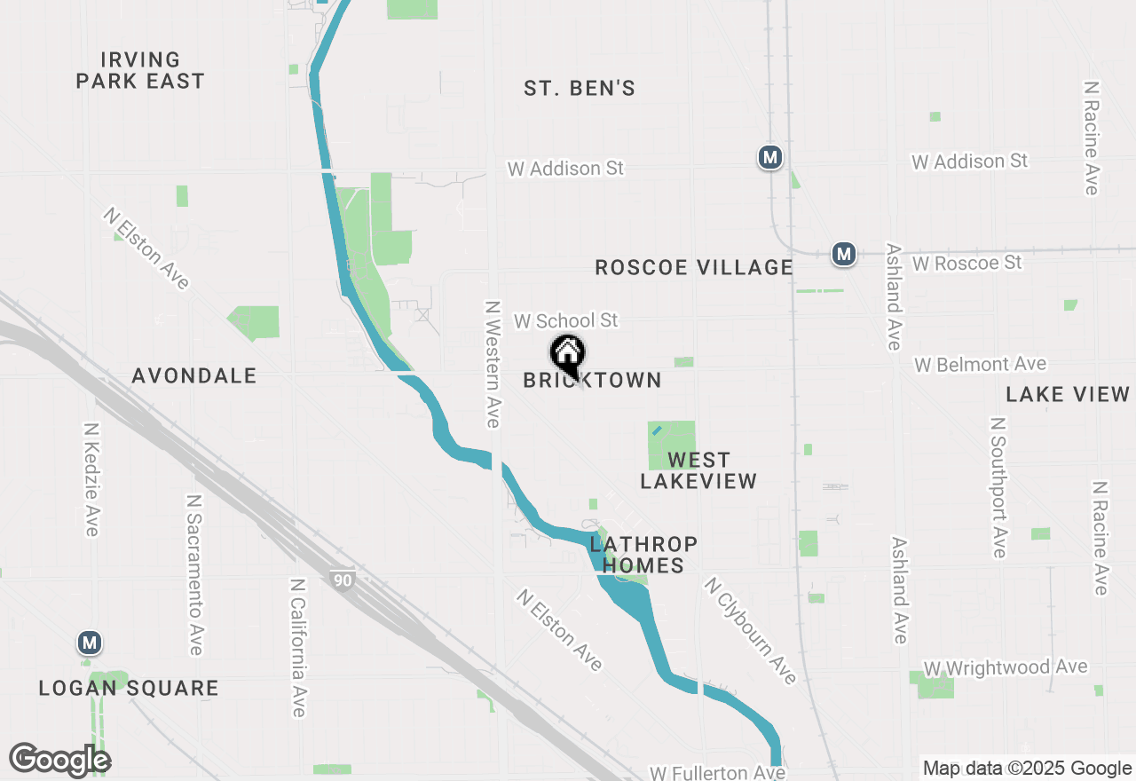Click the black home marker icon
tap(568, 355)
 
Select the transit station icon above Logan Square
tap(89, 643)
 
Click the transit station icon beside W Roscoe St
tap(843, 255)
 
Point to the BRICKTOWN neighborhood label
tap(592, 381)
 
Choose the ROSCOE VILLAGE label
tap(694, 267)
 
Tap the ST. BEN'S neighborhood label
tap(580, 88)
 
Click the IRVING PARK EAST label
tap(140, 70)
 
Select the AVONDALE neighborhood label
tap(194, 375)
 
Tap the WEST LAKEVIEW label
tap(698, 470)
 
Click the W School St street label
tap(566, 320)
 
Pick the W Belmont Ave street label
tap(981, 365)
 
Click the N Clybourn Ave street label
tap(750, 630)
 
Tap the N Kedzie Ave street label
tap(91, 478)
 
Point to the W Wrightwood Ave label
tap(1006, 667)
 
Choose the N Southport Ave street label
tap(998, 487)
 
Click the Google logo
tap(59, 759)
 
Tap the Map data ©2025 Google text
tap(1027, 769)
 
